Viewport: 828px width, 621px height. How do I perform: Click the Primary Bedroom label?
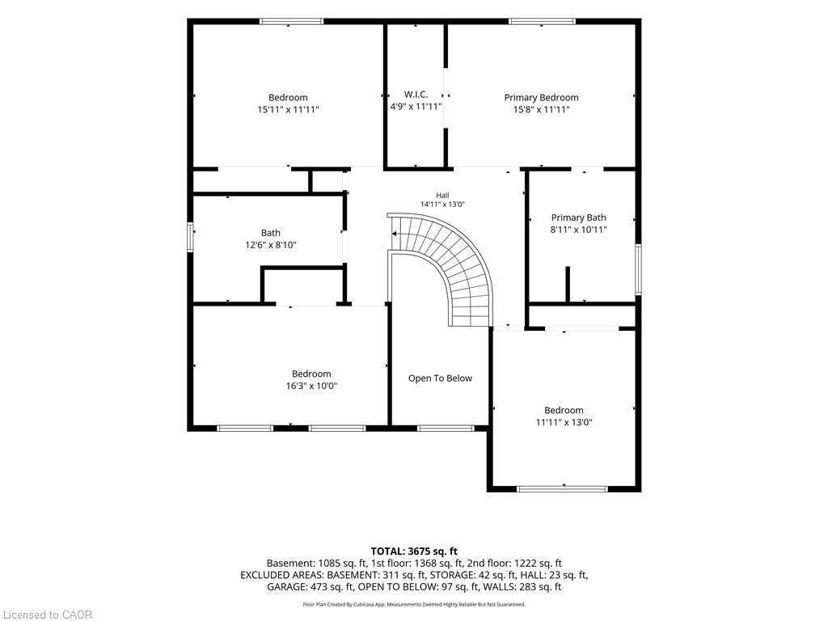click(541, 98)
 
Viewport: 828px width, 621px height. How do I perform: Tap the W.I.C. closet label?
click(416, 95)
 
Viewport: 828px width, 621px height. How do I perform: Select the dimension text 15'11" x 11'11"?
click(289, 110)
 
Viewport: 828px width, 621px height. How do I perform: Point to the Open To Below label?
click(440, 378)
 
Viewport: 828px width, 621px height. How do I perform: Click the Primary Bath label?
click(579, 218)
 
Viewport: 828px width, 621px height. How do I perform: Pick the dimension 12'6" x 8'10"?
click(271, 245)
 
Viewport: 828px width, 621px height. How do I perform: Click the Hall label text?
click(442, 196)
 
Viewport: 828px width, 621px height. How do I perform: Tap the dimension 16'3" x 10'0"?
click(311, 386)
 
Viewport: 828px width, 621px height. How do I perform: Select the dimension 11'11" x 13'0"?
click(564, 422)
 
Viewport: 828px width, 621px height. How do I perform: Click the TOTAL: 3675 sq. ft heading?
click(414, 551)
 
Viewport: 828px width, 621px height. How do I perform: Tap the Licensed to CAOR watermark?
click(47, 615)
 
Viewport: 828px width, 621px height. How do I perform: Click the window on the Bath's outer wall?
click(191, 237)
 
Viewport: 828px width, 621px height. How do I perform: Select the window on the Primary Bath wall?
click(638, 268)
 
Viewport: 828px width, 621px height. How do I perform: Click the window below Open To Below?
click(446, 429)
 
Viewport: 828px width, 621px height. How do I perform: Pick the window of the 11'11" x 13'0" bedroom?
click(563, 489)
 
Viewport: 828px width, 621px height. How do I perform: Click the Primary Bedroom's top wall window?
click(543, 22)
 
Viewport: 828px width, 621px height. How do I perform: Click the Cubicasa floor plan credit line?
click(414, 605)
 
